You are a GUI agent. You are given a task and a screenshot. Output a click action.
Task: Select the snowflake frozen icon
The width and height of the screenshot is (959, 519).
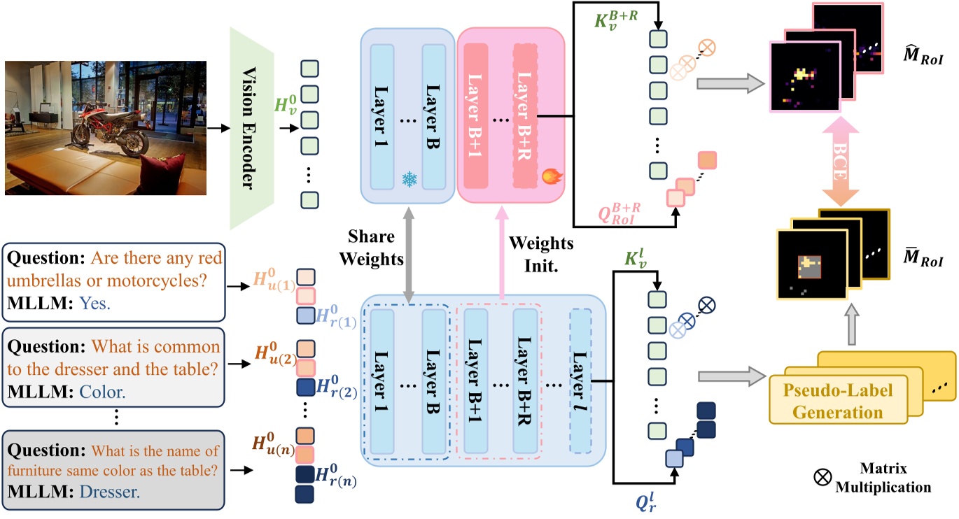pyautogui.click(x=408, y=179)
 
